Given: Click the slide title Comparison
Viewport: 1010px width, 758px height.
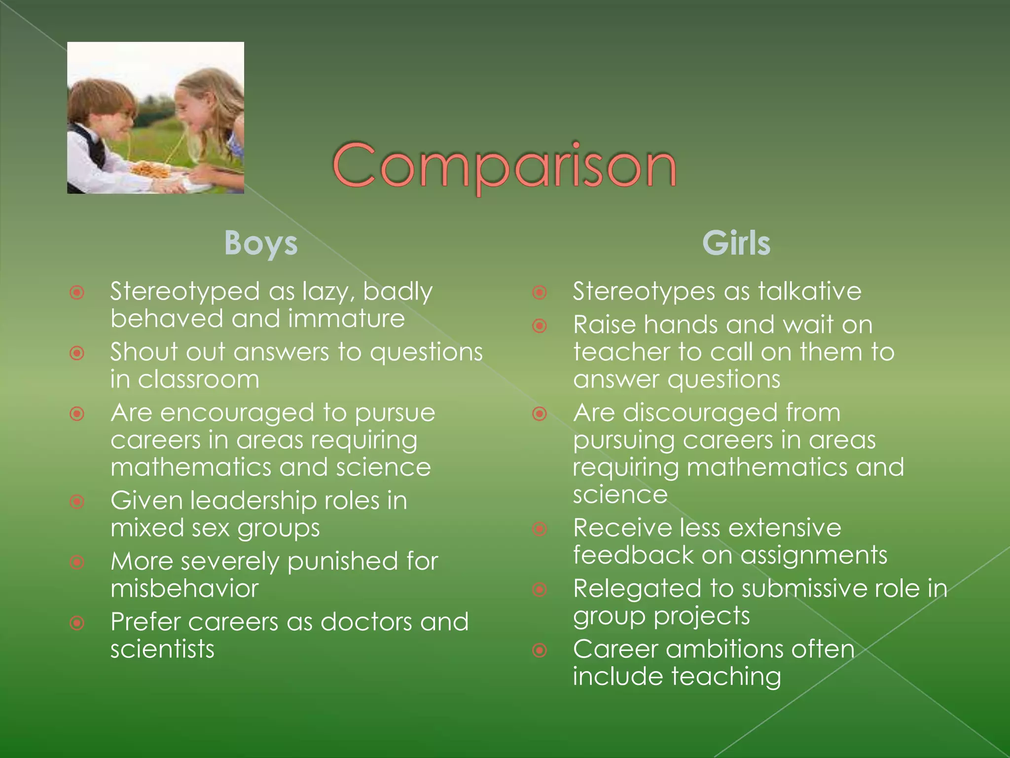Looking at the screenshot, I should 504,165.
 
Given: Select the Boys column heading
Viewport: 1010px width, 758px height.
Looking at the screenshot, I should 261,243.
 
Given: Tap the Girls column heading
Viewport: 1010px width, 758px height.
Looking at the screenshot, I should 736,243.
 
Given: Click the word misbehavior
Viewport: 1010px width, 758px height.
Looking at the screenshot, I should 184,589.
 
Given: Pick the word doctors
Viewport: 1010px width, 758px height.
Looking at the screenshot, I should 366,622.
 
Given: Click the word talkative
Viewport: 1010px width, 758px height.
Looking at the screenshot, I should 810,291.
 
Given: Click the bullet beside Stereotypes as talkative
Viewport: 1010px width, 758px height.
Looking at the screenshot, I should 540,293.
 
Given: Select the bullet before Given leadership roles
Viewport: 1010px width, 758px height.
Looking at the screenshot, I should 77,502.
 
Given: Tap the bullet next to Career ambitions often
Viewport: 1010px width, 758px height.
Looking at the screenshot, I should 540,650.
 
